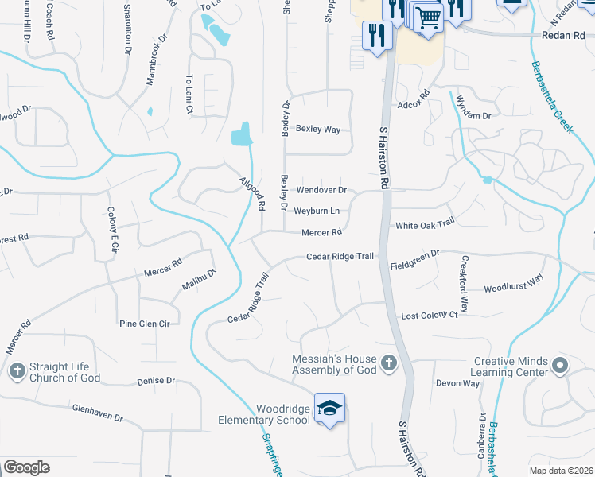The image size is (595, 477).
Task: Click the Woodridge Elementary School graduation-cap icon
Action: point(329,409)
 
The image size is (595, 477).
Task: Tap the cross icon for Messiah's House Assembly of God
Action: point(388,363)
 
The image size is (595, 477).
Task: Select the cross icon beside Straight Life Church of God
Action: point(17,370)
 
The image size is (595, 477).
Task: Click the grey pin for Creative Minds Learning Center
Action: point(560,366)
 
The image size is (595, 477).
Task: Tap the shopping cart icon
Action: point(428,17)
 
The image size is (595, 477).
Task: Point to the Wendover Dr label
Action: point(321,191)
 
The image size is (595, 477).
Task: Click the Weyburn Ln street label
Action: point(317,211)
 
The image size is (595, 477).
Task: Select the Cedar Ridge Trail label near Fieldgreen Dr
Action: point(340,257)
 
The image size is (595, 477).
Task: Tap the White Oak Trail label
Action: point(424,225)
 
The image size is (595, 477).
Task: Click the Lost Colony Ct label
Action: point(430,316)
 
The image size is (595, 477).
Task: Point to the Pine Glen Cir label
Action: point(145,324)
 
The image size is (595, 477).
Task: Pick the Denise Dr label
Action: point(155,382)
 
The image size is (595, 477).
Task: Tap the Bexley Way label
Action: point(318,129)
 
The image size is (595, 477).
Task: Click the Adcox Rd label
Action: point(413,104)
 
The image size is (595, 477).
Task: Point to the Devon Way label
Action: point(457,383)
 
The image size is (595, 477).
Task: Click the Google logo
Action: point(26,467)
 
